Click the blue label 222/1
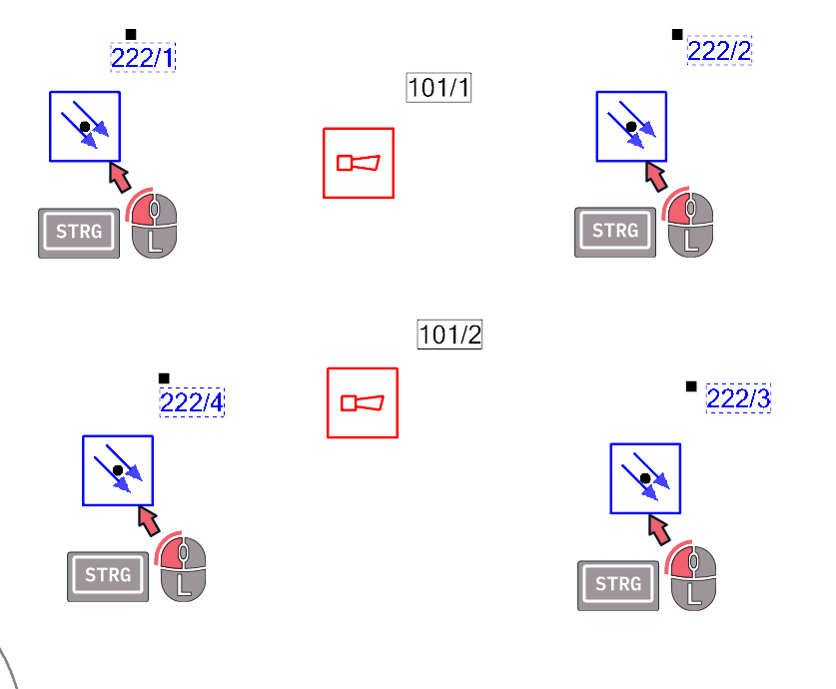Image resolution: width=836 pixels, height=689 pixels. click(143, 57)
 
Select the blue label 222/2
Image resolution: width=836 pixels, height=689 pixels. click(720, 51)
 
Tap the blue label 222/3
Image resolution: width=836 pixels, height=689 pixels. click(738, 398)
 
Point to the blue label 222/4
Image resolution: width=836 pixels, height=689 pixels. click(192, 402)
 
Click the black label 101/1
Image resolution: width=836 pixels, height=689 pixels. click(438, 88)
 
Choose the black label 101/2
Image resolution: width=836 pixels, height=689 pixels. click(450, 335)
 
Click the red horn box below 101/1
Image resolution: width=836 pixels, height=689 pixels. click(359, 163)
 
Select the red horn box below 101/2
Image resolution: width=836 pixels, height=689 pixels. click(363, 402)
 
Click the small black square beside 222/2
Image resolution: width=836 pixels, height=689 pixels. click(677, 35)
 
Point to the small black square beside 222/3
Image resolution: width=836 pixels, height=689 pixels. click(691, 386)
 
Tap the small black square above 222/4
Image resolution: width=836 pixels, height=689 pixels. click(164, 378)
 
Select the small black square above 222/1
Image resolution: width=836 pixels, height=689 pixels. click(131, 34)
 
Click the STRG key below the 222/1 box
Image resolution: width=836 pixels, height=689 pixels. click(79, 233)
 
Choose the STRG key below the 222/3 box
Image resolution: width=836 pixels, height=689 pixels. click(618, 585)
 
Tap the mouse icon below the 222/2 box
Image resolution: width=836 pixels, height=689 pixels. click(689, 224)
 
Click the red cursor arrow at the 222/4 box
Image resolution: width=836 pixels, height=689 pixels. click(149, 520)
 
